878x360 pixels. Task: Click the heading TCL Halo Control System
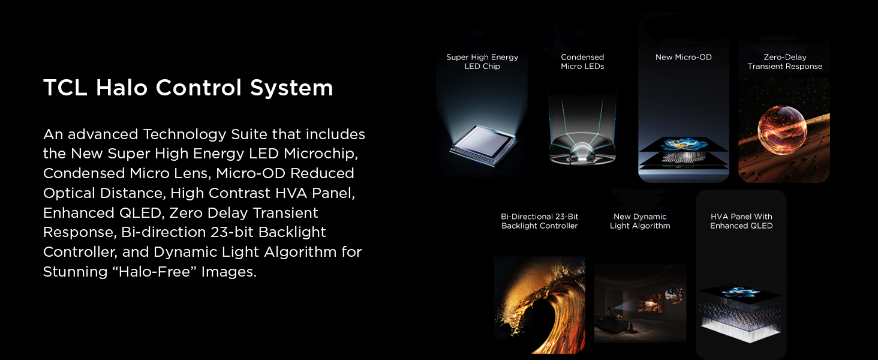[188, 88]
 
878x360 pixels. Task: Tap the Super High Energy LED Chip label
[482, 62]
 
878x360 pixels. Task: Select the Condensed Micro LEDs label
[582, 62]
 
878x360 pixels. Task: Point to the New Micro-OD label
[683, 58]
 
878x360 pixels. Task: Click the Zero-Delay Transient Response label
[784, 62]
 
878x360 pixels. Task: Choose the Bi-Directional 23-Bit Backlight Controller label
[539, 221]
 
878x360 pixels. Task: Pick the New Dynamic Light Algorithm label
[640, 221]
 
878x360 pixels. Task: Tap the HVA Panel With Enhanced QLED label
[741, 221]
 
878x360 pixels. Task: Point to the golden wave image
[540, 303]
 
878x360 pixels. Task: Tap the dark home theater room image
[640, 303]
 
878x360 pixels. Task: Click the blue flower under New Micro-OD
[683, 145]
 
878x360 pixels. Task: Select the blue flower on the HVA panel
[741, 292]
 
